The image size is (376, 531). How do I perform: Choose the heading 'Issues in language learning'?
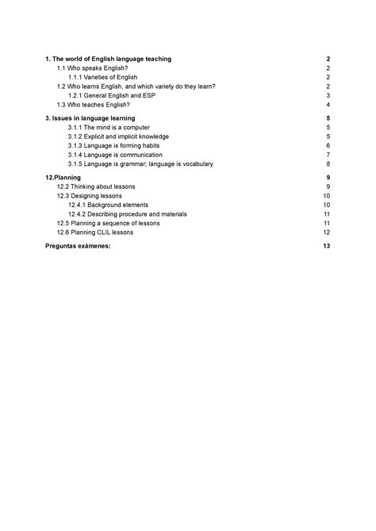[95, 117]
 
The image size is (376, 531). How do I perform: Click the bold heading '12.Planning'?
[64, 177]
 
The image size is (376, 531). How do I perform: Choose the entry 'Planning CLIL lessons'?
[95, 233]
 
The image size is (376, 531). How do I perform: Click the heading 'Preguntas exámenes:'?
[79, 247]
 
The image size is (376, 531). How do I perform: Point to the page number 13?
[326, 247]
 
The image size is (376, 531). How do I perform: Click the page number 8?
[328, 164]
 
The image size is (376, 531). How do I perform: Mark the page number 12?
[326, 233]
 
